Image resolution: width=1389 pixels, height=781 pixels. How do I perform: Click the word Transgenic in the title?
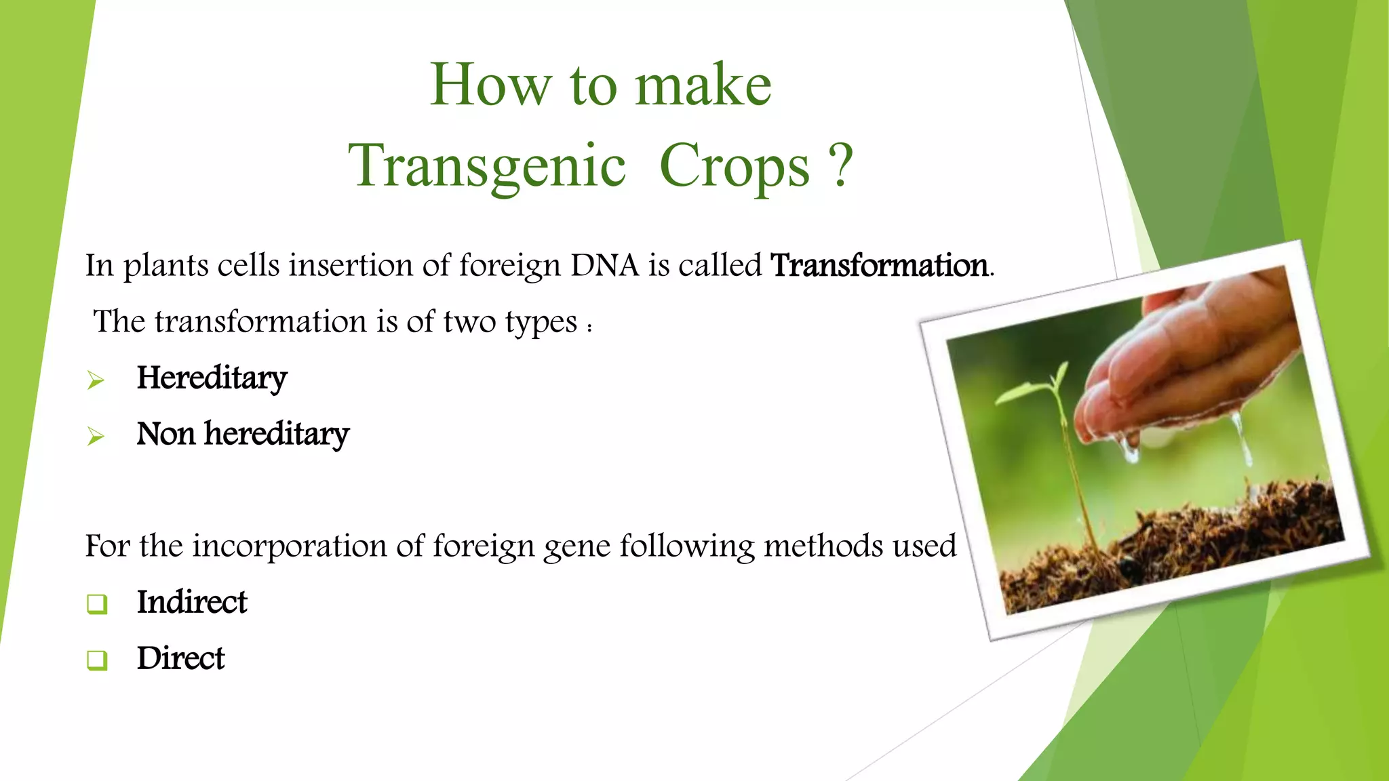pos(487,166)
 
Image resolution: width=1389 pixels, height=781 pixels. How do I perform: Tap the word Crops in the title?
pos(735,166)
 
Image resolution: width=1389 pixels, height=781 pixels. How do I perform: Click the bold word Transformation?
pos(879,265)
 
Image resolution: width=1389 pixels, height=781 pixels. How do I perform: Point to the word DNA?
pos(605,265)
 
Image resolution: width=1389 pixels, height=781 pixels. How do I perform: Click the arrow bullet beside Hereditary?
pos(96,380)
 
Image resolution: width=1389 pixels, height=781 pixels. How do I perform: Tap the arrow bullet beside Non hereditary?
pos(96,436)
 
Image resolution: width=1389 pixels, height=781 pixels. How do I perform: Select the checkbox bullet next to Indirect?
pos(97,603)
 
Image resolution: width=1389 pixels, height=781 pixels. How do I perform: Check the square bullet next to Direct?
pos(97,660)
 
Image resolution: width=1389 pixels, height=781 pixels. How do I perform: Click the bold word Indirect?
pos(192,602)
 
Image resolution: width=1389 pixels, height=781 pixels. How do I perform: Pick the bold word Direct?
pos(180,658)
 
